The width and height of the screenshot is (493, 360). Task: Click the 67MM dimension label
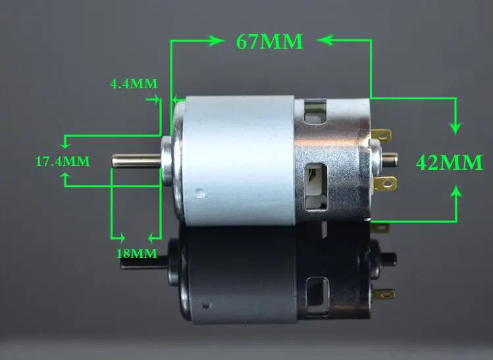pos(269,41)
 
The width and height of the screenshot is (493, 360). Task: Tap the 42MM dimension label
pos(449,163)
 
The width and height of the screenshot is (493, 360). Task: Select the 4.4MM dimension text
pos(134,84)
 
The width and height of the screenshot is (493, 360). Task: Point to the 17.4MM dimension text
pos(63,161)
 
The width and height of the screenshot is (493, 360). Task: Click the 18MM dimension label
pos(137,253)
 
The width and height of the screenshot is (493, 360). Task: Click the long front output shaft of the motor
pos(136,161)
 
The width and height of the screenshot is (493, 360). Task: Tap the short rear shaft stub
pos(390,159)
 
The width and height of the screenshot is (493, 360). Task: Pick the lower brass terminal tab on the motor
pos(385,184)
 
